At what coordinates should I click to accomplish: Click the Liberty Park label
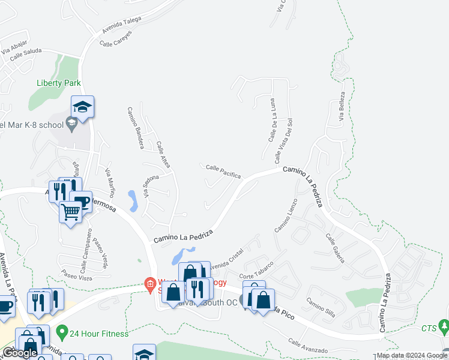(x=58, y=83)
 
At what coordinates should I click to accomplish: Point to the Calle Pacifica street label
(x=223, y=171)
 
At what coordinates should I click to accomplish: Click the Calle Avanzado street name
(x=307, y=346)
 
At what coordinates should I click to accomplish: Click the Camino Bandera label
(x=134, y=128)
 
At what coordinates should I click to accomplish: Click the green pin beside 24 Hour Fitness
(x=61, y=331)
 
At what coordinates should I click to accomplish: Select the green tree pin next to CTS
(x=444, y=327)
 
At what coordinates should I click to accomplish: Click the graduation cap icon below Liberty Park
(x=82, y=107)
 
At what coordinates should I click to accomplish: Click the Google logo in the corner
(x=20, y=353)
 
